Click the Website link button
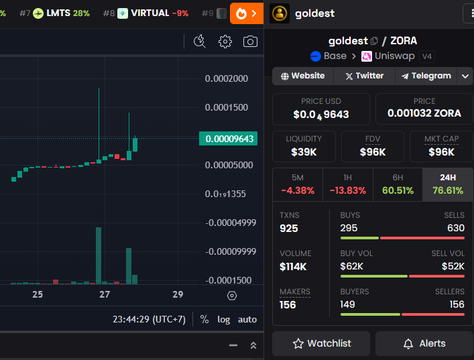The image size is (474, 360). click(x=303, y=76)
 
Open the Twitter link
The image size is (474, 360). click(x=365, y=76)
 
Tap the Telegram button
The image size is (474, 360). click(x=426, y=76)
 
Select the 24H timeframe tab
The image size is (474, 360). click(x=448, y=184)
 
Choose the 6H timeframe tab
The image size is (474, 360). click(x=398, y=184)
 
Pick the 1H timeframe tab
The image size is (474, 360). click(x=348, y=184)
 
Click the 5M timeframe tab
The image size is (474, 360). click(x=298, y=184)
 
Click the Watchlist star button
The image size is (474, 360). click(x=321, y=343)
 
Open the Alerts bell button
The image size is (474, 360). click(x=424, y=343)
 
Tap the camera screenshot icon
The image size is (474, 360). click(x=250, y=42)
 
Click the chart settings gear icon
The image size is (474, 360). click(x=225, y=42)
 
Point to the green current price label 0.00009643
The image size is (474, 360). click(x=228, y=139)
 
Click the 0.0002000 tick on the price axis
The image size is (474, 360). click(x=227, y=78)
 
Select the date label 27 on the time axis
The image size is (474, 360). click(x=105, y=294)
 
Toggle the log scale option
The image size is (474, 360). click(x=224, y=320)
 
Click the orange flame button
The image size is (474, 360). click(x=247, y=13)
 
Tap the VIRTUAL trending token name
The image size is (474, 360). click(x=150, y=13)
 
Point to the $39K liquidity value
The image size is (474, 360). click(x=304, y=152)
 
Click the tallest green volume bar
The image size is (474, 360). click(x=99, y=255)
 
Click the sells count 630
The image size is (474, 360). click(x=456, y=228)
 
